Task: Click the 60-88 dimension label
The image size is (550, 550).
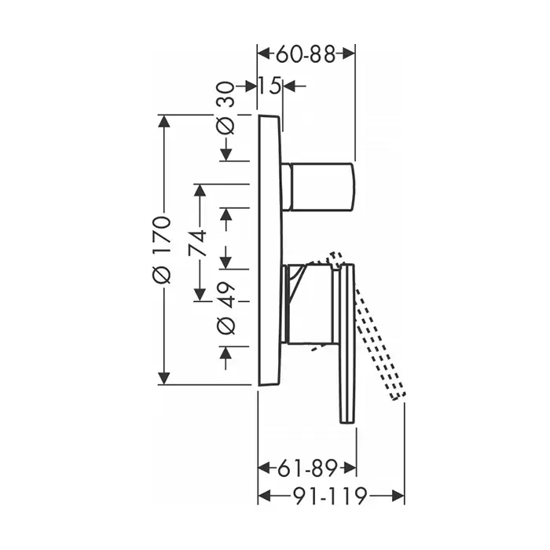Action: click(x=305, y=54)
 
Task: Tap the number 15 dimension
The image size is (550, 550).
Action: click(x=269, y=85)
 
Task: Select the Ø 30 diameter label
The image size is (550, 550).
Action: click(x=225, y=108)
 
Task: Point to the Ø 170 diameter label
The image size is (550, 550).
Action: click(x=162, y=250)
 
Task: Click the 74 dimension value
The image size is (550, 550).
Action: click(x=197, y=244)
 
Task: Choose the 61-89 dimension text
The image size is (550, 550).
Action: click(x=307, y=468)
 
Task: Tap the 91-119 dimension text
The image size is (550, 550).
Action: click(x=330, y=496)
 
